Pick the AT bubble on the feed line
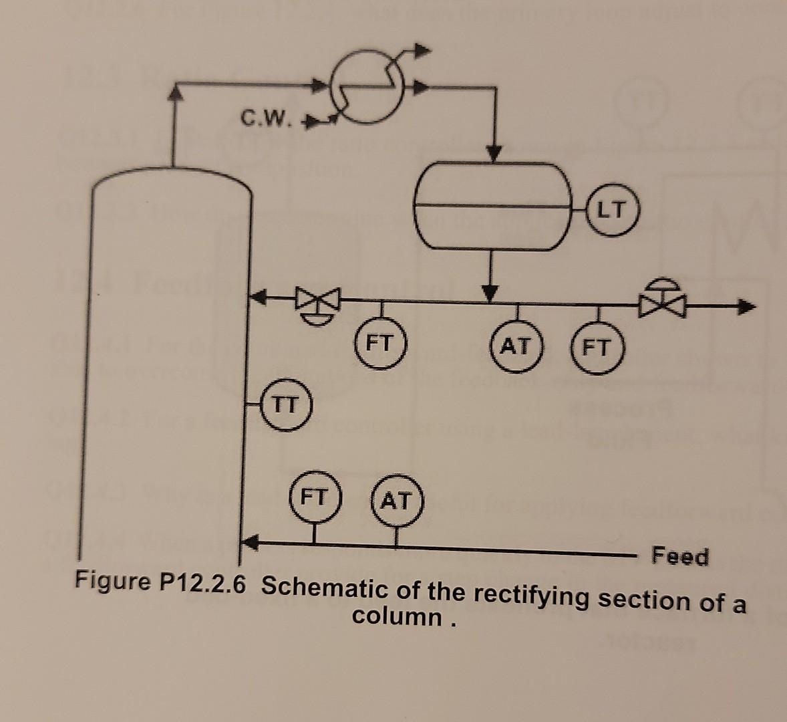(396, 500)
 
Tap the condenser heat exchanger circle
(367, 89)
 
